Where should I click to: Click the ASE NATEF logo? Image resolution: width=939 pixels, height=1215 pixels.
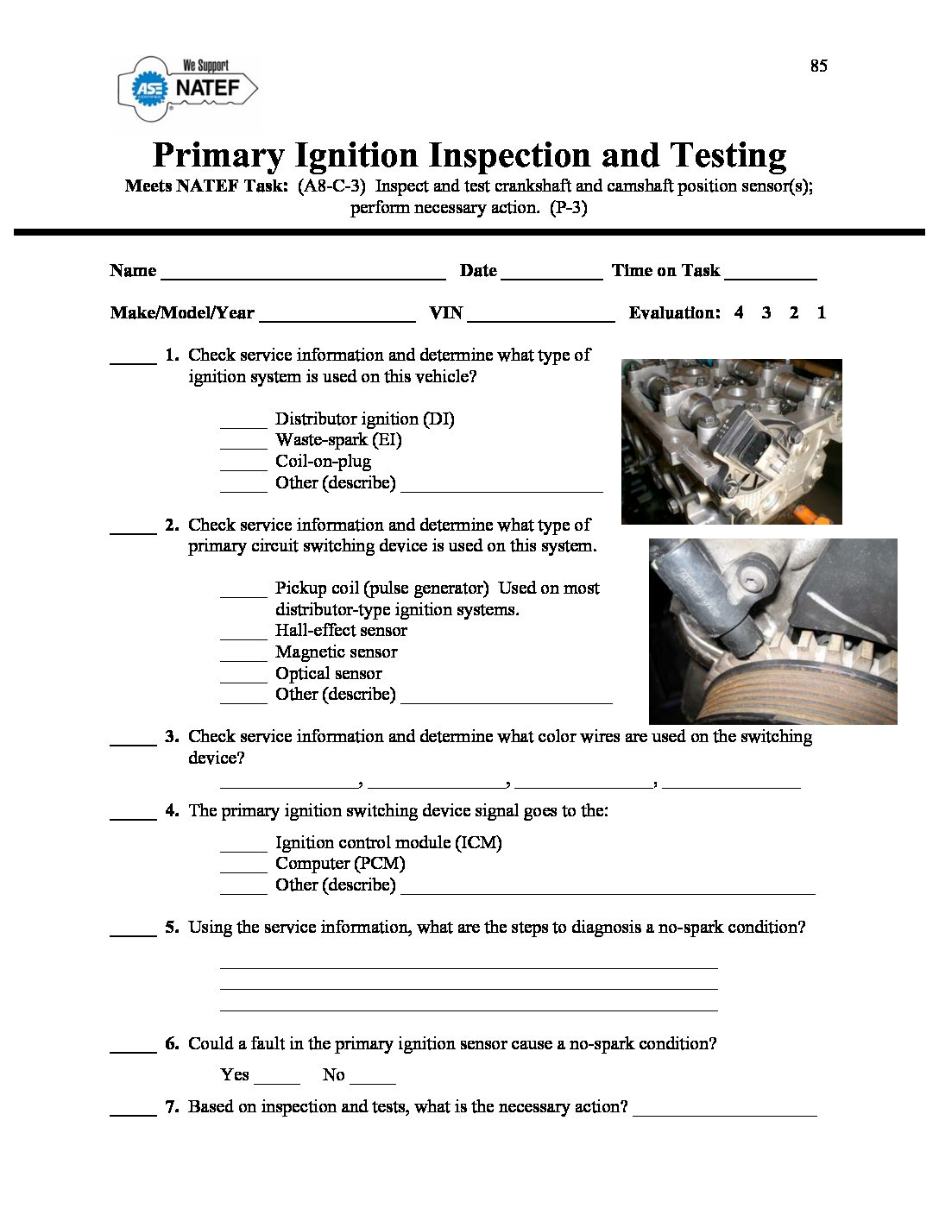point(188,86)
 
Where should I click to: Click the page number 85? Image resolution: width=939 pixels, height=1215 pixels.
point(818,66)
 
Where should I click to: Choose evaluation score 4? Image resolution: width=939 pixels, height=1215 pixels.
point(739,313)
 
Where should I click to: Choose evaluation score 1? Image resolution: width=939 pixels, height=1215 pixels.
point(821,313)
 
